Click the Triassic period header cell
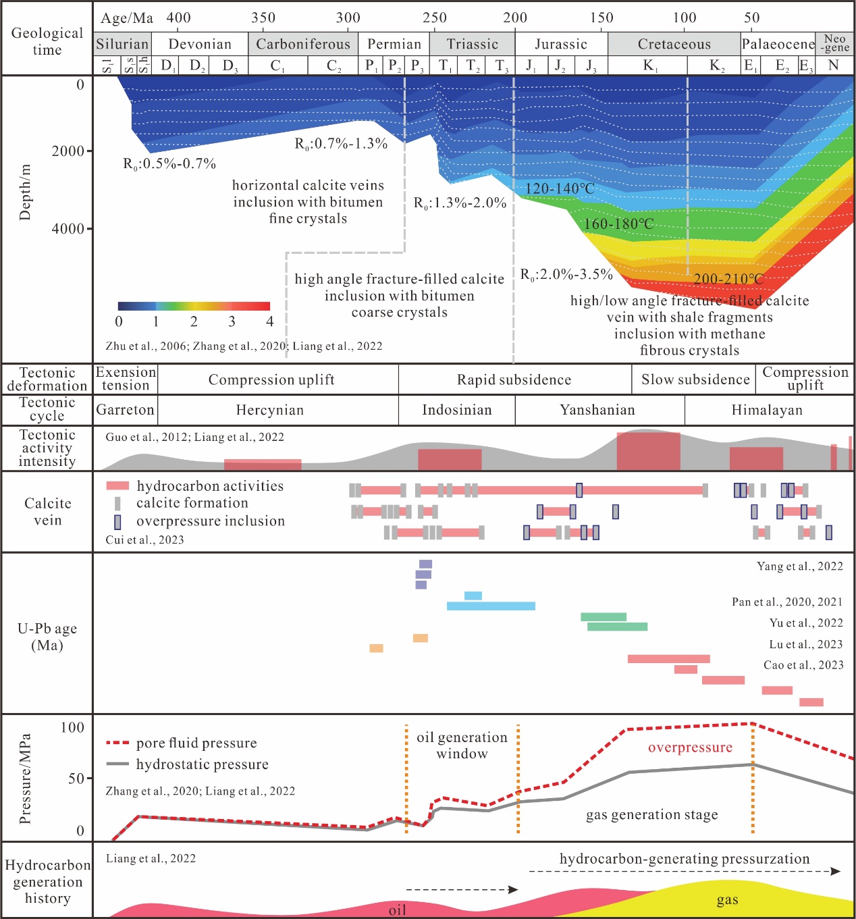[472, 45]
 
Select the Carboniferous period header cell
[303, 45]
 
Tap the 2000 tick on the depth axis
[68, 151]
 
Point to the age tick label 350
[263, 18]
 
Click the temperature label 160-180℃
[618, 224]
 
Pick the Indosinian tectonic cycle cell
[457, 410]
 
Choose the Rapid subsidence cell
[514, 379]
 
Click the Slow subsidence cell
[695, 379]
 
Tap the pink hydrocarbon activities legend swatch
[117, 485]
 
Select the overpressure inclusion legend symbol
[117, 521]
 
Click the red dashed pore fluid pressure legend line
[117, 743]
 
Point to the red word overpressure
[690, 747]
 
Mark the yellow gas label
[727, 900]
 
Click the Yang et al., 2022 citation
[799, 567]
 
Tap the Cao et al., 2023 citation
[803, 665]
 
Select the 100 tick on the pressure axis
[72, 727]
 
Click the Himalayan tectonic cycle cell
[767, 410]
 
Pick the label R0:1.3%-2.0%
[460, 203]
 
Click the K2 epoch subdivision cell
[717, 65]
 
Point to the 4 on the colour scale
[269, 321]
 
